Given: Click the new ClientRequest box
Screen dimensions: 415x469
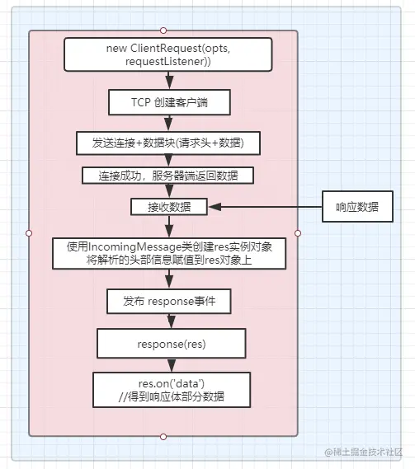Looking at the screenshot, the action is point(168,54).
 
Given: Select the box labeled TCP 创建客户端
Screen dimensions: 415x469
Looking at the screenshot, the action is point(169,102).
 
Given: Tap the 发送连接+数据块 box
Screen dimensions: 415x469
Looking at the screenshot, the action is point(168,143).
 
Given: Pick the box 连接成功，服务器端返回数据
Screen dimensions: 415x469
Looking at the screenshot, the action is point(168,176).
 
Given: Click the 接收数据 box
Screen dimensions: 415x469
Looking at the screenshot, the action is point(169,207).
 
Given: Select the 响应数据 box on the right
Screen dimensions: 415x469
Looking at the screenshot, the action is point(357,207).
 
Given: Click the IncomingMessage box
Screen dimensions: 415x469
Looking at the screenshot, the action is point(169,254).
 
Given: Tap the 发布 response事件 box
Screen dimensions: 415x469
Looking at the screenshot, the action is point(169,301).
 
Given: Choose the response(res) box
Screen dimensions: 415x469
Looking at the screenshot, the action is point(172,344).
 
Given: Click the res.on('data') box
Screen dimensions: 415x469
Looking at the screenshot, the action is point(172,390).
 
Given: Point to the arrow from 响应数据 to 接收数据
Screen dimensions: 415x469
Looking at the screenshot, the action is point(266,207).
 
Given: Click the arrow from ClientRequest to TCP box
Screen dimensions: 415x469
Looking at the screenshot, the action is point(169,81).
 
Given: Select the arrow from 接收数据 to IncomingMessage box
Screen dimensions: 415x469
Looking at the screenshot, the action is point(169,227).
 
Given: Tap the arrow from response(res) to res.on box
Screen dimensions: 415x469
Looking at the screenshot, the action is point(172,365).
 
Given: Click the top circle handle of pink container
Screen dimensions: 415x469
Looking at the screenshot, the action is point(163,30).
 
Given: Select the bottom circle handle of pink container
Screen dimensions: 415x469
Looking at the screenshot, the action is point(163,437).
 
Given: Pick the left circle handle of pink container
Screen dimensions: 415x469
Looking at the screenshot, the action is point(29,233).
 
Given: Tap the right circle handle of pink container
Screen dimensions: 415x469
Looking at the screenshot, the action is point(298,233).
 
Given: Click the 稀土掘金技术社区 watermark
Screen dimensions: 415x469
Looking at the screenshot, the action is point(364,452).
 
